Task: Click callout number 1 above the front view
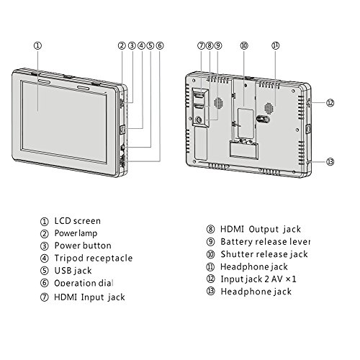(37, 45)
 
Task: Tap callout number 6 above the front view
(160, 45)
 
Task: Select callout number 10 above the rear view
(244, 45)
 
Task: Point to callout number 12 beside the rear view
(330, 103)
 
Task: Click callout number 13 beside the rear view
(330, 161)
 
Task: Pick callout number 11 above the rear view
(276, 45)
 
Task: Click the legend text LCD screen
(78, 221)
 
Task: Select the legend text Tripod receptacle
(94, 258)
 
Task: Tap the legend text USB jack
(73, 271)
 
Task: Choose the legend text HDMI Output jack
(261, 229)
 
